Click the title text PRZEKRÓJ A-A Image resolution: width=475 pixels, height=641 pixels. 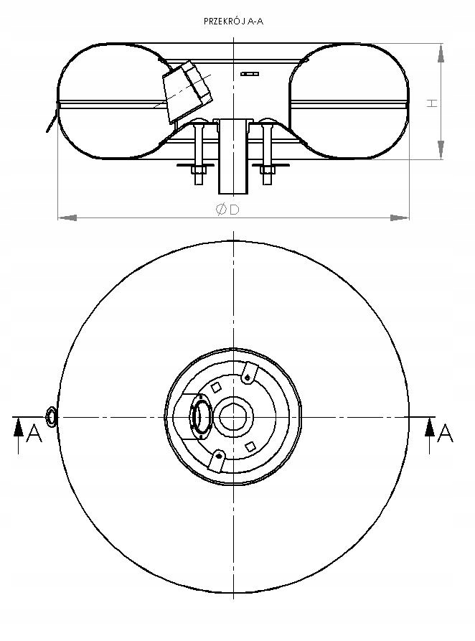point(233,22)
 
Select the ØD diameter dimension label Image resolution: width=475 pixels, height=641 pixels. point(227,209)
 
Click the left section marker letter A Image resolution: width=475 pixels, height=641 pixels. point(34,434)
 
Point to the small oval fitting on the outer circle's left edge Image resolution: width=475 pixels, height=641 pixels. point(52,416)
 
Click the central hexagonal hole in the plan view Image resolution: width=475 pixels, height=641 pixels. point(235,416)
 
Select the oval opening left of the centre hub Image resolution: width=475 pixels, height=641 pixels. point(200,417)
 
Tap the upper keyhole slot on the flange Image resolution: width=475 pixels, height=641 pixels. point(248,375)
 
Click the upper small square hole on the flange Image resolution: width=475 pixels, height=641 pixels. point(215,388)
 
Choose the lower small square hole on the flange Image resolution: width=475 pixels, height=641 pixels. point(250,446)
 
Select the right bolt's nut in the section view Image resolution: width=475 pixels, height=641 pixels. point(268,170)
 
